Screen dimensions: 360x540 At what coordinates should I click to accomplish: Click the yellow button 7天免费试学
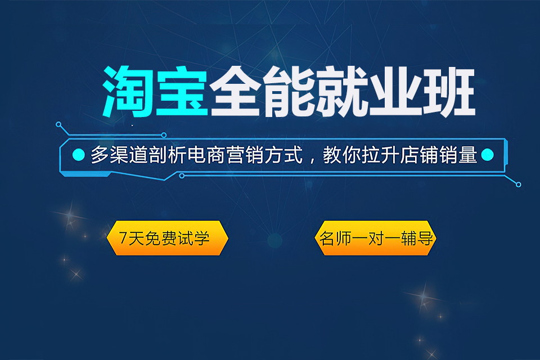point(167,238)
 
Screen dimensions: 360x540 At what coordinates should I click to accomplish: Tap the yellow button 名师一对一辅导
point(375,238)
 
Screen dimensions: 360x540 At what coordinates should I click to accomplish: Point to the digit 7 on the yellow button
point(124,238)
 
